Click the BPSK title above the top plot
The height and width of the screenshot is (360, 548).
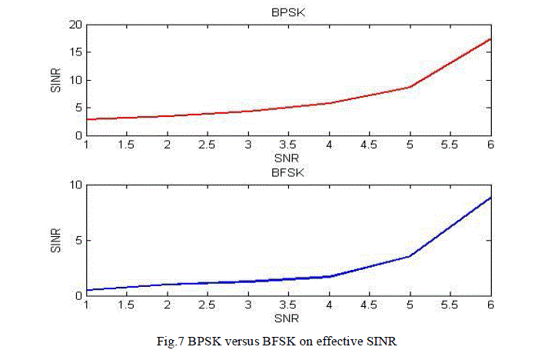(288, 12)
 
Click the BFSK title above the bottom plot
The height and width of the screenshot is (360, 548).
(288, 172)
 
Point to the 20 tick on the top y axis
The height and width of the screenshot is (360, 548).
(76, 25)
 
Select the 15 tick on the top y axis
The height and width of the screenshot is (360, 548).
(76, 52)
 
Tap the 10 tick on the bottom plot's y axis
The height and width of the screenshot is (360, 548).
(76, 185)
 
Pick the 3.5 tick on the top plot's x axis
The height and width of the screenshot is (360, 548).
(288, 145)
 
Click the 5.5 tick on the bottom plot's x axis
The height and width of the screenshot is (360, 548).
(450, 305)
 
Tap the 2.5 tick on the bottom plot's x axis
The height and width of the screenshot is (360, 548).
(208, 305)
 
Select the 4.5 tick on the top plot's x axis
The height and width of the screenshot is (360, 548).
(369, 145)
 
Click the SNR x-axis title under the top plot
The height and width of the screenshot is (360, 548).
(288, 156)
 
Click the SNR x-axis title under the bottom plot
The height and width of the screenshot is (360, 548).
(288, 316)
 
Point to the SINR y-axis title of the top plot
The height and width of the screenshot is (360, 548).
(55, 80)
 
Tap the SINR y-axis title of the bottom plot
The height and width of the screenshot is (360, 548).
(55, 240)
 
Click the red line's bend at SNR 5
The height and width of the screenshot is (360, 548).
(410, 87)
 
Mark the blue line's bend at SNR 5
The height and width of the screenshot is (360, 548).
(410, 256)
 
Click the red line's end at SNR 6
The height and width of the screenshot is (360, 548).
(490, 38)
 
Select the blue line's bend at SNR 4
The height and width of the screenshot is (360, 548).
(329, 276)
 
